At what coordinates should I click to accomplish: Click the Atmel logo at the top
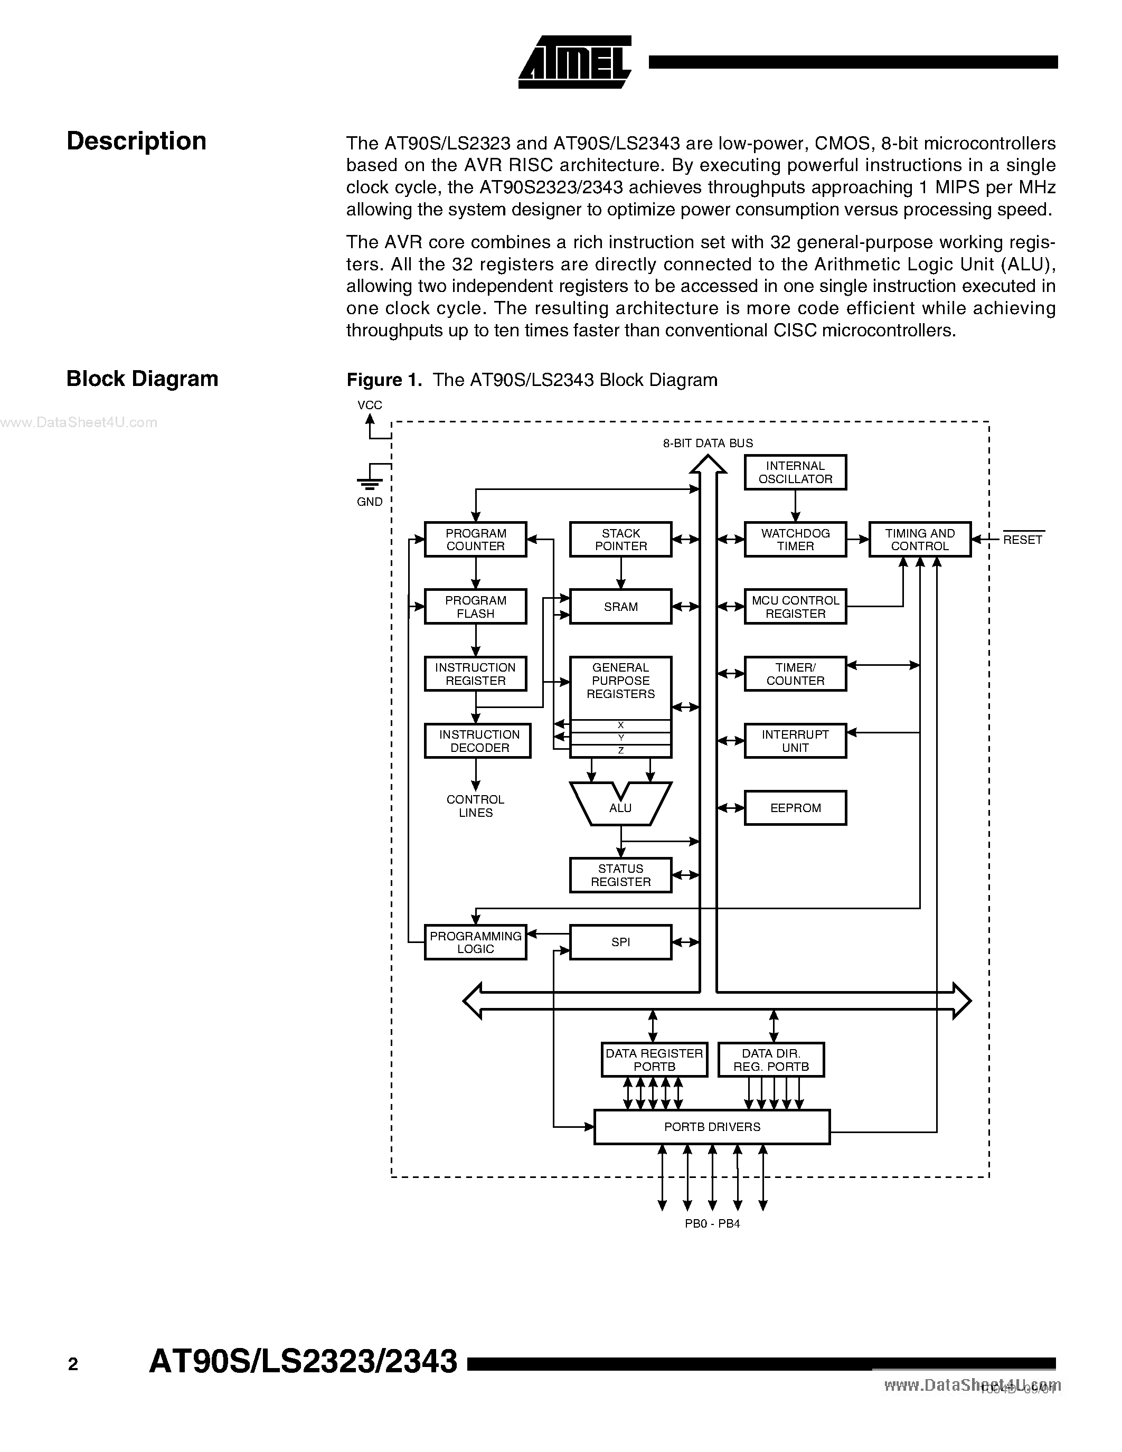575,62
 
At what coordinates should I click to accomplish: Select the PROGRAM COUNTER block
476,539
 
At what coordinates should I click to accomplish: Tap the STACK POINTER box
621,539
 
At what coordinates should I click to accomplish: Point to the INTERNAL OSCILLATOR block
796,472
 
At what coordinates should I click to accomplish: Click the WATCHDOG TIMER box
796,539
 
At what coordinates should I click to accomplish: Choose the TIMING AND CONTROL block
920,539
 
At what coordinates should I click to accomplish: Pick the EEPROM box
796,808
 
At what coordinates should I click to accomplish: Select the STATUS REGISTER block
621,875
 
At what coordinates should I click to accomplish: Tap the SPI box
621,942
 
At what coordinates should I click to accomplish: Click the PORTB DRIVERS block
712,1127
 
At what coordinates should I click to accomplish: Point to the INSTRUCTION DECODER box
478,741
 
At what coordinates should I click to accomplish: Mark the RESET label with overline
1023,539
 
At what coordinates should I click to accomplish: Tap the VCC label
370,405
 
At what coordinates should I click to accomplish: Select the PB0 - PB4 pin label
713,1223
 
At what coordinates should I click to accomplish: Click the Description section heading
137,142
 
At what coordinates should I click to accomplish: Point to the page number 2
73,1365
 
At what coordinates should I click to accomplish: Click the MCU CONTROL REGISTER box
796,606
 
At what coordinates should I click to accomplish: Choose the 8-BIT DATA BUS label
708,443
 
